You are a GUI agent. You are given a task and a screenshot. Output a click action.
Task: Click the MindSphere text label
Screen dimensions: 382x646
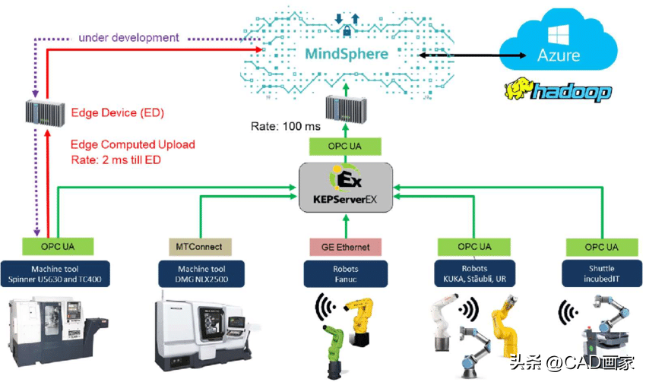pos(347,54)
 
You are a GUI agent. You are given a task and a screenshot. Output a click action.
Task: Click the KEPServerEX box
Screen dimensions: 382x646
pos(346,185)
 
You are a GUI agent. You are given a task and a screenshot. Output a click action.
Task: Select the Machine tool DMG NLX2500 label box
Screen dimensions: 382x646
pos(201,274)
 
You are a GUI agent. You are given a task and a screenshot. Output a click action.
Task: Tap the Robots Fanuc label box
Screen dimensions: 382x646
pos(344,274)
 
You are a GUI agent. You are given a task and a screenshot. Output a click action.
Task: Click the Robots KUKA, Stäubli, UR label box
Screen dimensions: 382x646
pos(471,274)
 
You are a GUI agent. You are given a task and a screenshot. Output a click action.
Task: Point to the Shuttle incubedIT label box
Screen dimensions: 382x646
pos(601,274)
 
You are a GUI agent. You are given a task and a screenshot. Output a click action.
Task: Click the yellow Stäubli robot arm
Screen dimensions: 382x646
pos(505,327)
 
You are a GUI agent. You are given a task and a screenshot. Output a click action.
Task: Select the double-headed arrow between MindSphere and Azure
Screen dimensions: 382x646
pos(457,55)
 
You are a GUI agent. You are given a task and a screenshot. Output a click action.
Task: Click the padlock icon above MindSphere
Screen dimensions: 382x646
pos(345,31)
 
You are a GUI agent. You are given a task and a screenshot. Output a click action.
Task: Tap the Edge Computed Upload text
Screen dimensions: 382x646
pos(132,144)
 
